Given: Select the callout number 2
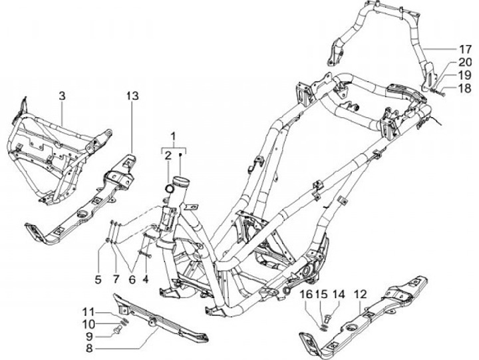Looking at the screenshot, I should point(168,155).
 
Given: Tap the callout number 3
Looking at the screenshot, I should point(61,96).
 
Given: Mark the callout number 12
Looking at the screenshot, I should point(360,293).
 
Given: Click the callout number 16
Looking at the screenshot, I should point(307,293).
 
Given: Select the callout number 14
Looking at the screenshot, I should point(338,293).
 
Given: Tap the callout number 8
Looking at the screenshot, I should point(89,347).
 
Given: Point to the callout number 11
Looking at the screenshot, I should point(89,311).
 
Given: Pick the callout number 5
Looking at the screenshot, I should point(98,279).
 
